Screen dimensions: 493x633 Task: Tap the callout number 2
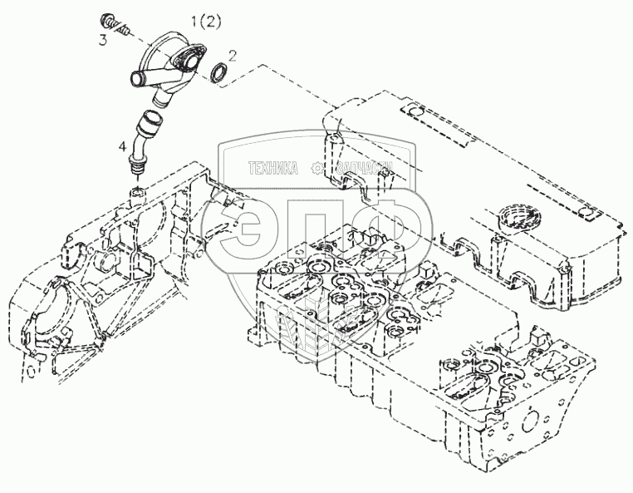233,55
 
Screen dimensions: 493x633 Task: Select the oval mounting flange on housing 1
185,62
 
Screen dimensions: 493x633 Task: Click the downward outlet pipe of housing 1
163,96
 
